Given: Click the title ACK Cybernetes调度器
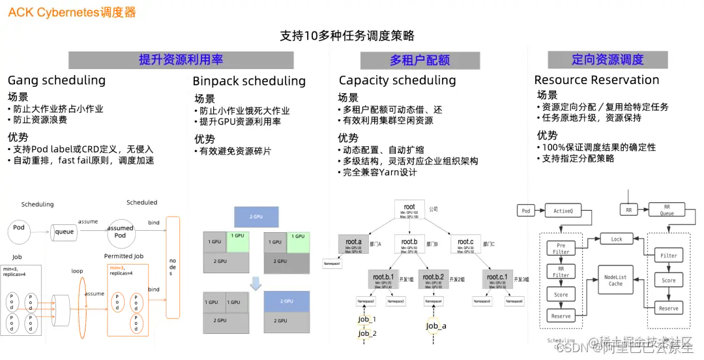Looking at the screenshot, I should pos(72,12).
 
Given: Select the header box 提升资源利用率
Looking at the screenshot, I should pos(181,60).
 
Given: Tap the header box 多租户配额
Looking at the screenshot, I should pos(420,60).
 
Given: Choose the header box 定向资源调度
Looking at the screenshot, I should pos(608,60).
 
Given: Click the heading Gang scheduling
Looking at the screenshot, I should pos(57,80).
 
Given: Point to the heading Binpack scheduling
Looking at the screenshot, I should pos(249,82).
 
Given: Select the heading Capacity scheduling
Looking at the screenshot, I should pos(397,80).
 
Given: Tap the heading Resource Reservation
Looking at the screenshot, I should pos(596,80).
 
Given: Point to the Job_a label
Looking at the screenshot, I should pos(436,326).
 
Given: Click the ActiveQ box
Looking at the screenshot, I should pos(563,211).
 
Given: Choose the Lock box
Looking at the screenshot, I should pos(616,239).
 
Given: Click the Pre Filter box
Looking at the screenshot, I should pos(561,248).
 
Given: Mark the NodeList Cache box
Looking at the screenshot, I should pos(615,280).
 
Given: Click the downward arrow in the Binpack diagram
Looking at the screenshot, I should pos(256,283).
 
